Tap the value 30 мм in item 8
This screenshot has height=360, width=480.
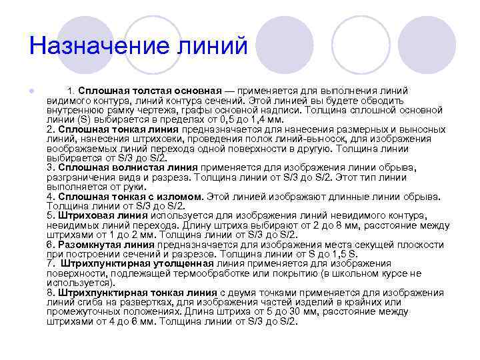point(313,311)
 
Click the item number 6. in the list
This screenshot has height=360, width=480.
point(51,245)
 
